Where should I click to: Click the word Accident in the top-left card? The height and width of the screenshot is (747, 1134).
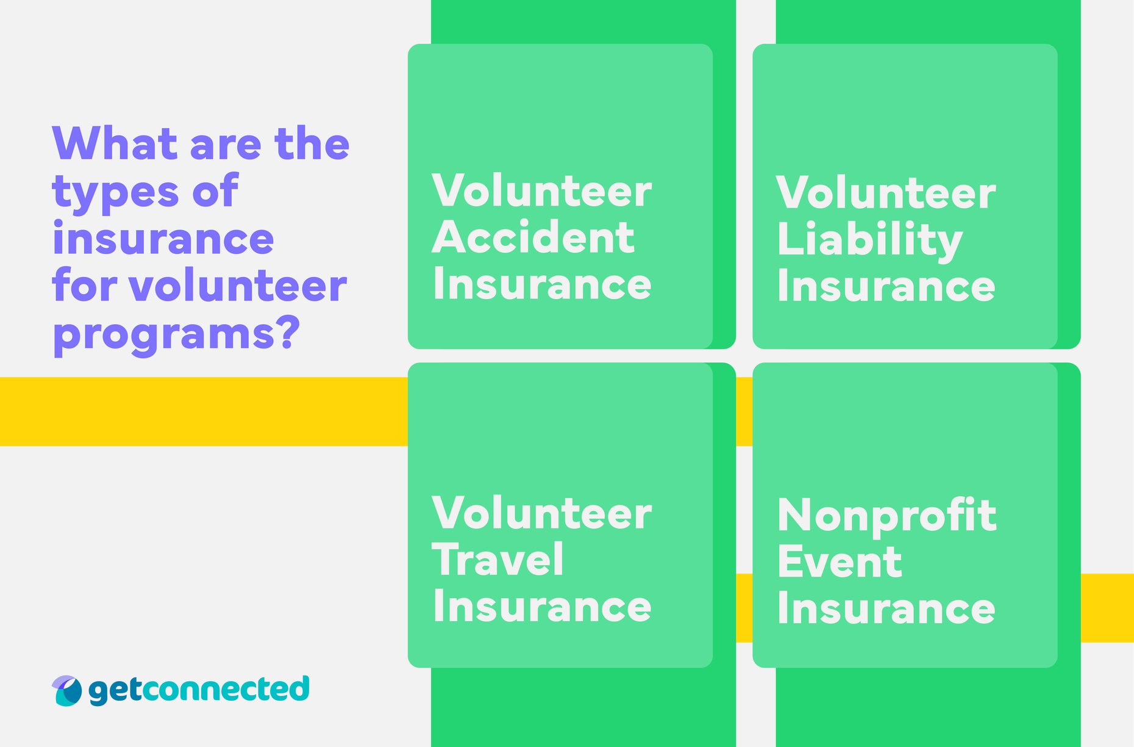pyautogui.click(x=533, y=237)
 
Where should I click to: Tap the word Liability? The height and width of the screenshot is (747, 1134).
pyautogui.click(x=869, y=240)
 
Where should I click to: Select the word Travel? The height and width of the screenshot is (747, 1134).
pyautogui.click(x=497, y=560)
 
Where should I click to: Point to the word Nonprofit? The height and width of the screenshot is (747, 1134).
pyautogui.click(x=886, y=516)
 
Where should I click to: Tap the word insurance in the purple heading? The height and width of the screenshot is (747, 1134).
pyautogui.click(x=163, y=239)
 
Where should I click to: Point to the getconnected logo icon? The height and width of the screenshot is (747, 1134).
pyautogui.click(x=66, y=690)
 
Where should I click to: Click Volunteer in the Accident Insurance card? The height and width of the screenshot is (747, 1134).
pyautogui.click(x=541, y=191)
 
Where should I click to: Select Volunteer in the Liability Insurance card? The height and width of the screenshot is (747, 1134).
pyautogui.click(x=886, y=193)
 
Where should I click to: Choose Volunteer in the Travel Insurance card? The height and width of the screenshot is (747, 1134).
pyautogui.click(x=541, y=513)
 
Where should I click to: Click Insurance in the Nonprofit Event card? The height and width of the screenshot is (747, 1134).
pyautogui.click(x=886, y=608)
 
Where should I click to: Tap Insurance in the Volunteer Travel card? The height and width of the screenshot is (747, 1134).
pyautogui.click(x=541, y=607)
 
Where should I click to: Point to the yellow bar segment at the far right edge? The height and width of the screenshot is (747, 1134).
pyautogui.click(x=1107, y=607)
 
